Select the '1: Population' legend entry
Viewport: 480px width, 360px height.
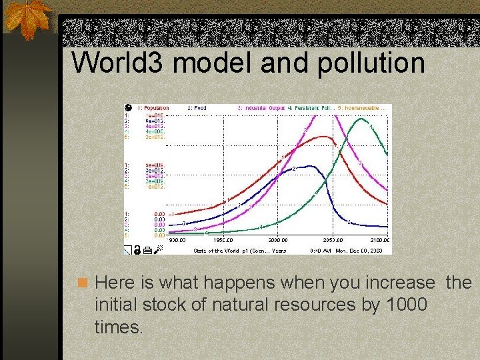[x=153, y=108]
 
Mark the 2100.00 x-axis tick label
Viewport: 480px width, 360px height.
[x=379, y=240]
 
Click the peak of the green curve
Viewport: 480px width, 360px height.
[x=361, y=119]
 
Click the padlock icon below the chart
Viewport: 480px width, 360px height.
[x=136, y=251]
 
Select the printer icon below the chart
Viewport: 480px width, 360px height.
[x=147, y=251]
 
